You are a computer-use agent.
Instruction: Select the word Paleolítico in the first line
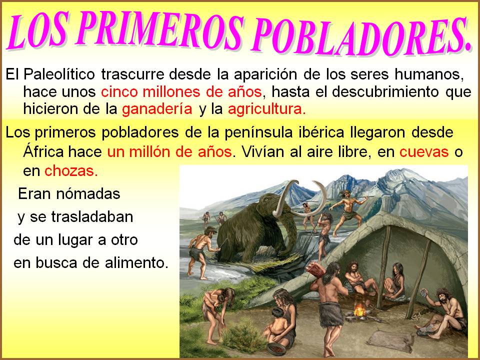59,74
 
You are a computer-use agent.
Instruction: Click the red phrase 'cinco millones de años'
181,92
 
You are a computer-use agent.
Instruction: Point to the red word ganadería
157,109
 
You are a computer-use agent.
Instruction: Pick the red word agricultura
266,109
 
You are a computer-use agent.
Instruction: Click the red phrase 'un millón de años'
169,152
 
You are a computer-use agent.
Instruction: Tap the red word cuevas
424,152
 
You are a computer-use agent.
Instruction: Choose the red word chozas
71,171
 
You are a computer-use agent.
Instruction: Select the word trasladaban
92,217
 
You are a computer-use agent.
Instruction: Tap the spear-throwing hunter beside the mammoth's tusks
348,211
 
